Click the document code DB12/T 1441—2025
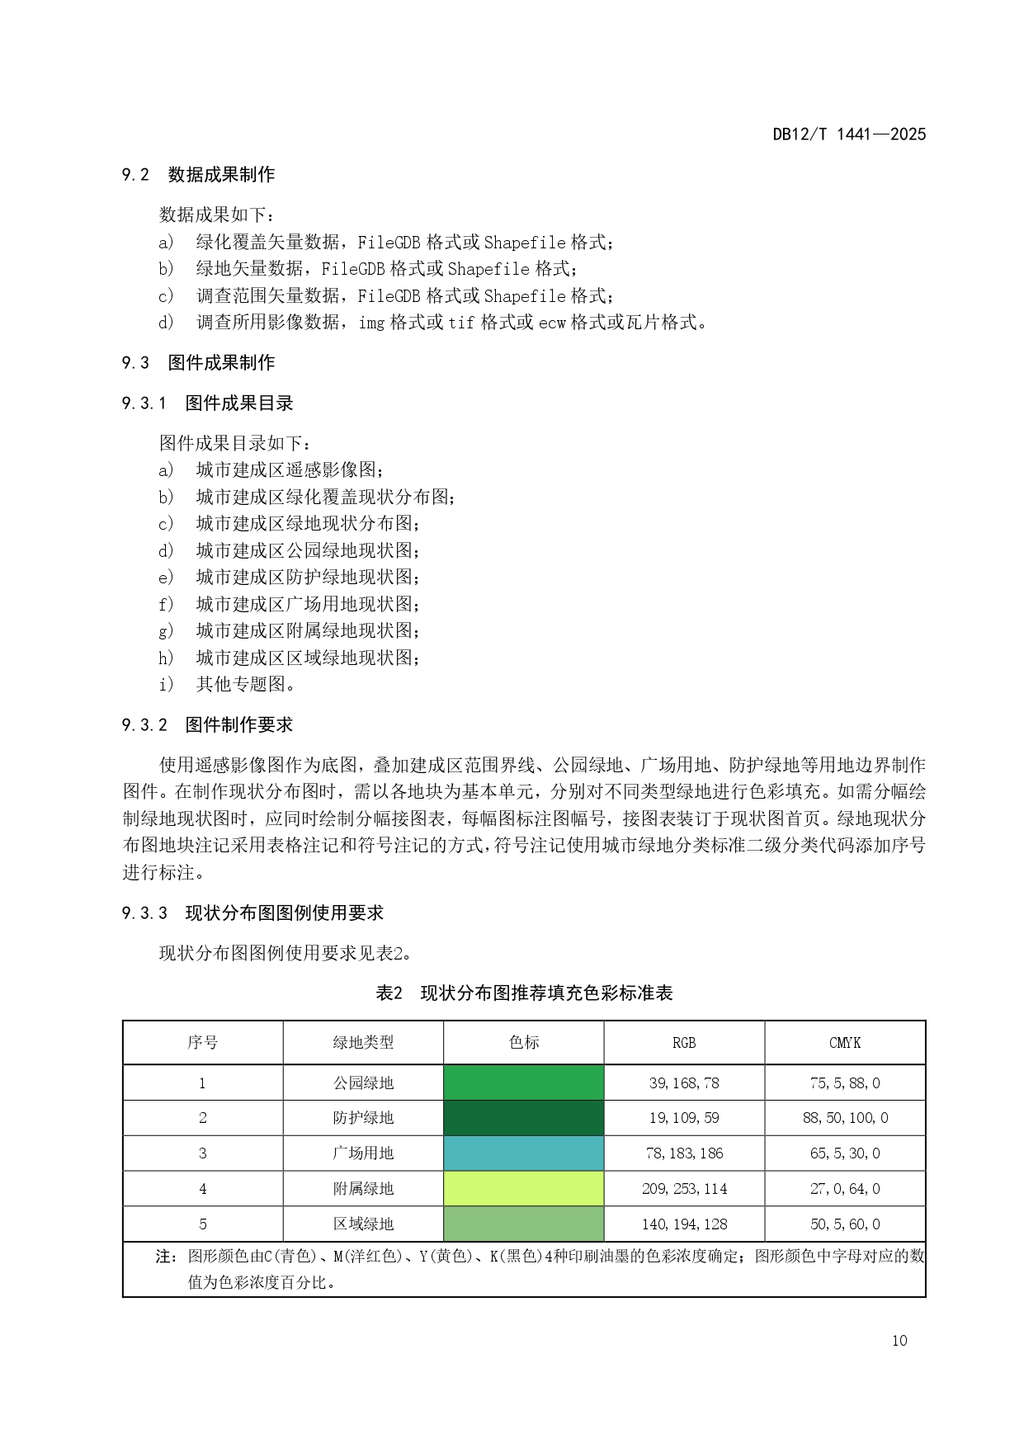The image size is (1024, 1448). click(849, 134)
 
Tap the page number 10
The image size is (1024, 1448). click(899, 1341)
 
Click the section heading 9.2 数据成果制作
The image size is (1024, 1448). click(198, 174)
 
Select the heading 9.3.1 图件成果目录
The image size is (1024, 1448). click(207, 403)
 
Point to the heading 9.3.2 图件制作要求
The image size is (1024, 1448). click(207, 725)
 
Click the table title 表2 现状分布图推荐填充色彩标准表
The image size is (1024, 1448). click(524, 993)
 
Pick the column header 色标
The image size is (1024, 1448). click(524, 1043)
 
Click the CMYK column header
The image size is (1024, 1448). click(845, 1043)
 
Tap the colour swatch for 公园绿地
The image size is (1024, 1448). click(524, 1082)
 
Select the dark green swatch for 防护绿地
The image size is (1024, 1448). click(524, 1118)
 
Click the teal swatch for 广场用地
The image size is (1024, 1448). click(524, 1153)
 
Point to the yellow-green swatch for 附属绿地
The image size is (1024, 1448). click(524, 1189)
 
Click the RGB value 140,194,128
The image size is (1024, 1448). click(684, 1224)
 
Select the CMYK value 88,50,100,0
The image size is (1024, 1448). click(845, 1118)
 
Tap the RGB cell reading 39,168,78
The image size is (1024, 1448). click(684, 1082)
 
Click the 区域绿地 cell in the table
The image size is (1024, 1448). click(363, 1224)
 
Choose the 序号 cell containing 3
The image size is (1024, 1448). click(203, 1153)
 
